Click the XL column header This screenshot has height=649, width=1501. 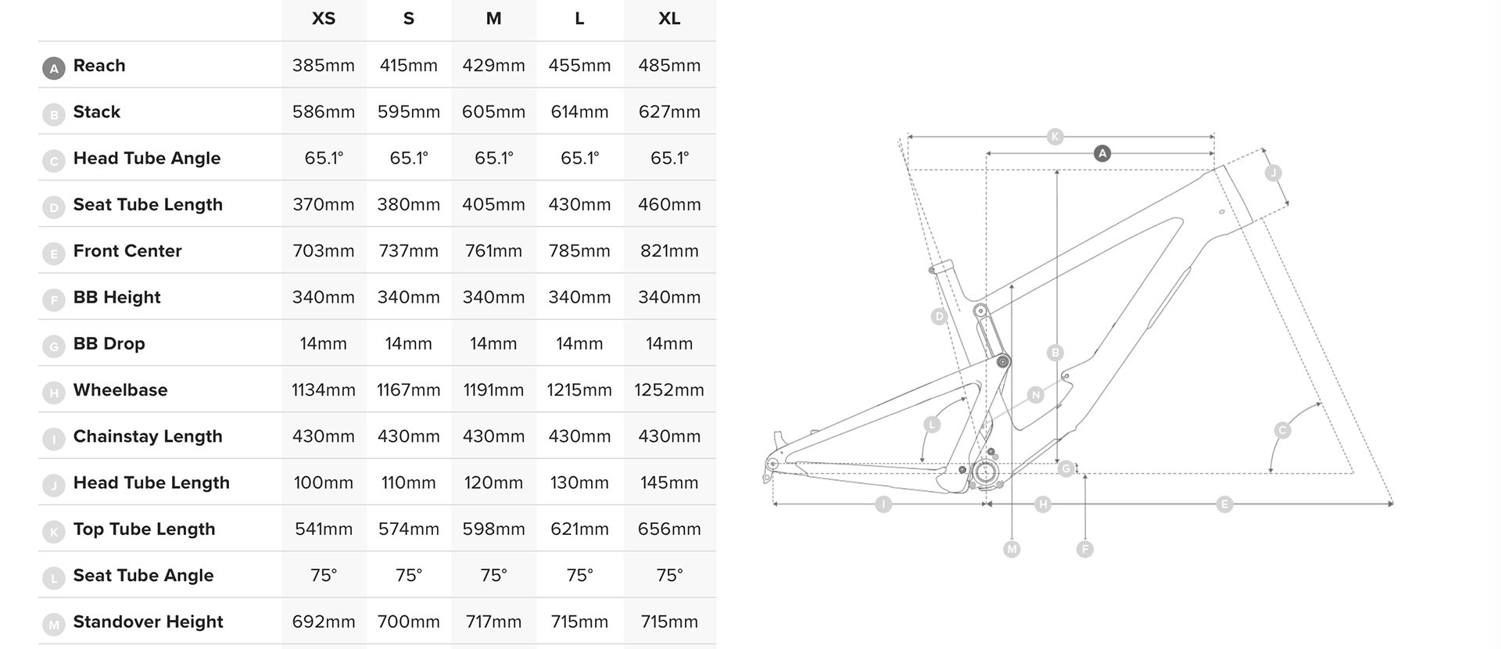click(669, 19)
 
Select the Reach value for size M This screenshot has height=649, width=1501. click(493, 66)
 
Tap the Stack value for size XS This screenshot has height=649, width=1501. click(324, 112)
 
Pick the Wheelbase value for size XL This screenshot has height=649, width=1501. click(669, 390)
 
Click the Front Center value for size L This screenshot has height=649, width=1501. click(579, 251)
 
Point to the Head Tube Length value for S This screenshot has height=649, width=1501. click(409, 483)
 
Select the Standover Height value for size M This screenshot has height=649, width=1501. click(493, 622)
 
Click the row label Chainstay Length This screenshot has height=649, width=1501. click(148, 437)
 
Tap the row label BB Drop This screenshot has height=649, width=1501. click(109, 344)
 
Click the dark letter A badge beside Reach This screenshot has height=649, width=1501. click(53, 69)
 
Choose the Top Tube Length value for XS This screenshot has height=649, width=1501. click(324, 529)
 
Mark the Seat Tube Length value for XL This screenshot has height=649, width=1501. click(669, 205)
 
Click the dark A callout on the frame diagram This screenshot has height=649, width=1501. click(1102, 153)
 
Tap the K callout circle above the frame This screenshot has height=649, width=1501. click(1055, 137)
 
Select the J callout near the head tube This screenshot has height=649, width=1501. click(1274, 173)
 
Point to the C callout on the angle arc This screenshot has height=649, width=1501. click(1282, 430)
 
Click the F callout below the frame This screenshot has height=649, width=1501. click(1084, 549)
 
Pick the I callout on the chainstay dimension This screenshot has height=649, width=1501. click(883, 504)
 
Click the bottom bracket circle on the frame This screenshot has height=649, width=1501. click(987, 472)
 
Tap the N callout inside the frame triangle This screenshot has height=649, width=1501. click(1036, 395)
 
